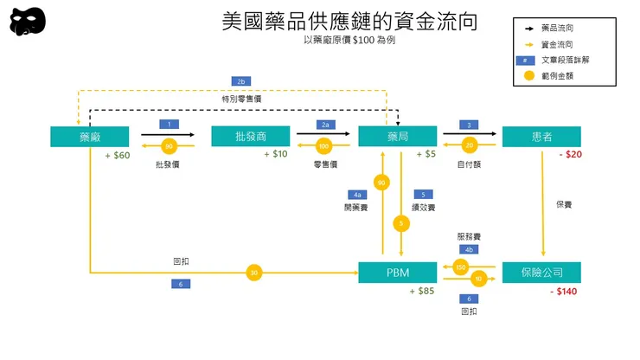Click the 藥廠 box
point(90,137)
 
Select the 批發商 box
point(250,137)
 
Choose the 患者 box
point(541,137)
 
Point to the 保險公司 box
point(541,272)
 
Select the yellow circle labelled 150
point(461,267)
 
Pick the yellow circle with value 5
point(400,223)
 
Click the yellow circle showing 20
point(470,145)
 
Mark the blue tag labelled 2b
point(241,81)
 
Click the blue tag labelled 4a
point(358,195)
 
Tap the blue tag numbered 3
point(470,125)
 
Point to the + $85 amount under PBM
point(422,292)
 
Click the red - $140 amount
point(563,292)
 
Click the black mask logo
point(28,21)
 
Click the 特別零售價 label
point(241,99)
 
